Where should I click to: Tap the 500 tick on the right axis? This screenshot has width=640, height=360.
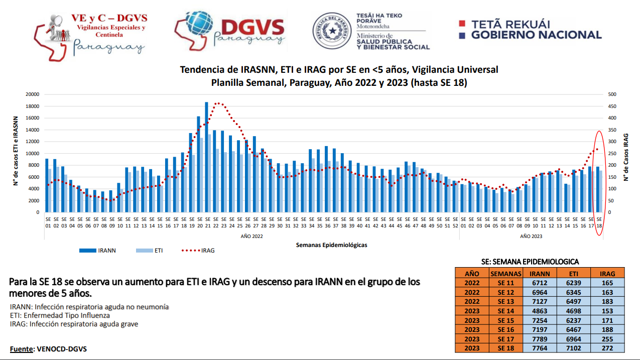(x=612, y=94)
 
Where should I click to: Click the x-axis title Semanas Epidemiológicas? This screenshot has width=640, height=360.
(x=331, y=245)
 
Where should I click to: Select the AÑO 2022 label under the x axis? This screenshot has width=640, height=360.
(x=251, y=236)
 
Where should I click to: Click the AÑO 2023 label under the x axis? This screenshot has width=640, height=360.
(x=531, y=236)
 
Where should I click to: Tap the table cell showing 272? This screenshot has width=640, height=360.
(x=607, y=348)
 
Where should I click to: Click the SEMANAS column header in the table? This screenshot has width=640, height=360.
(x=505, y=274)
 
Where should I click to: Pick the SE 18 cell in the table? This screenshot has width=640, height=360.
(x=505, y=348)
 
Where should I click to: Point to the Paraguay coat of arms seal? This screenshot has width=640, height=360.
(x=332, y=32)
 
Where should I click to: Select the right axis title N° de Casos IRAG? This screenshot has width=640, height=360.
(x=626, y=157)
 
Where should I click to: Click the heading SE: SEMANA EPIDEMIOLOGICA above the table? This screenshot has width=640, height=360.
(x=530, y=262)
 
